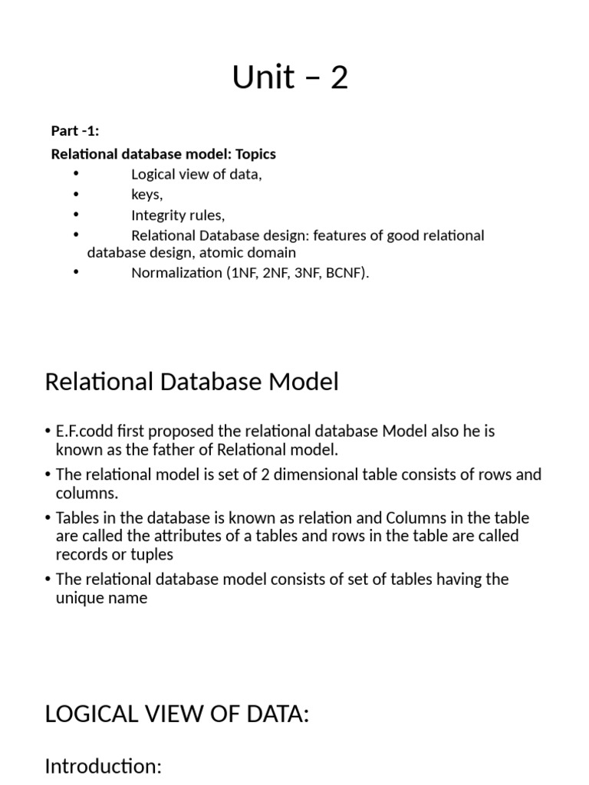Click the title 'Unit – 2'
pos(291,77)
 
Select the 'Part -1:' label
pos(75,130)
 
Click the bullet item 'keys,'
pos(146,195)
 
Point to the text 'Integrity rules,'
pos(178,215)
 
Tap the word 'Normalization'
pos(176,273)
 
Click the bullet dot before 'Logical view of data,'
pos(76,174)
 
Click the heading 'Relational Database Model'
pos(192,382)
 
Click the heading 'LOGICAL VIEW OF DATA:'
pos(177,714)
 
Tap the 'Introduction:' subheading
pos(104,766)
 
